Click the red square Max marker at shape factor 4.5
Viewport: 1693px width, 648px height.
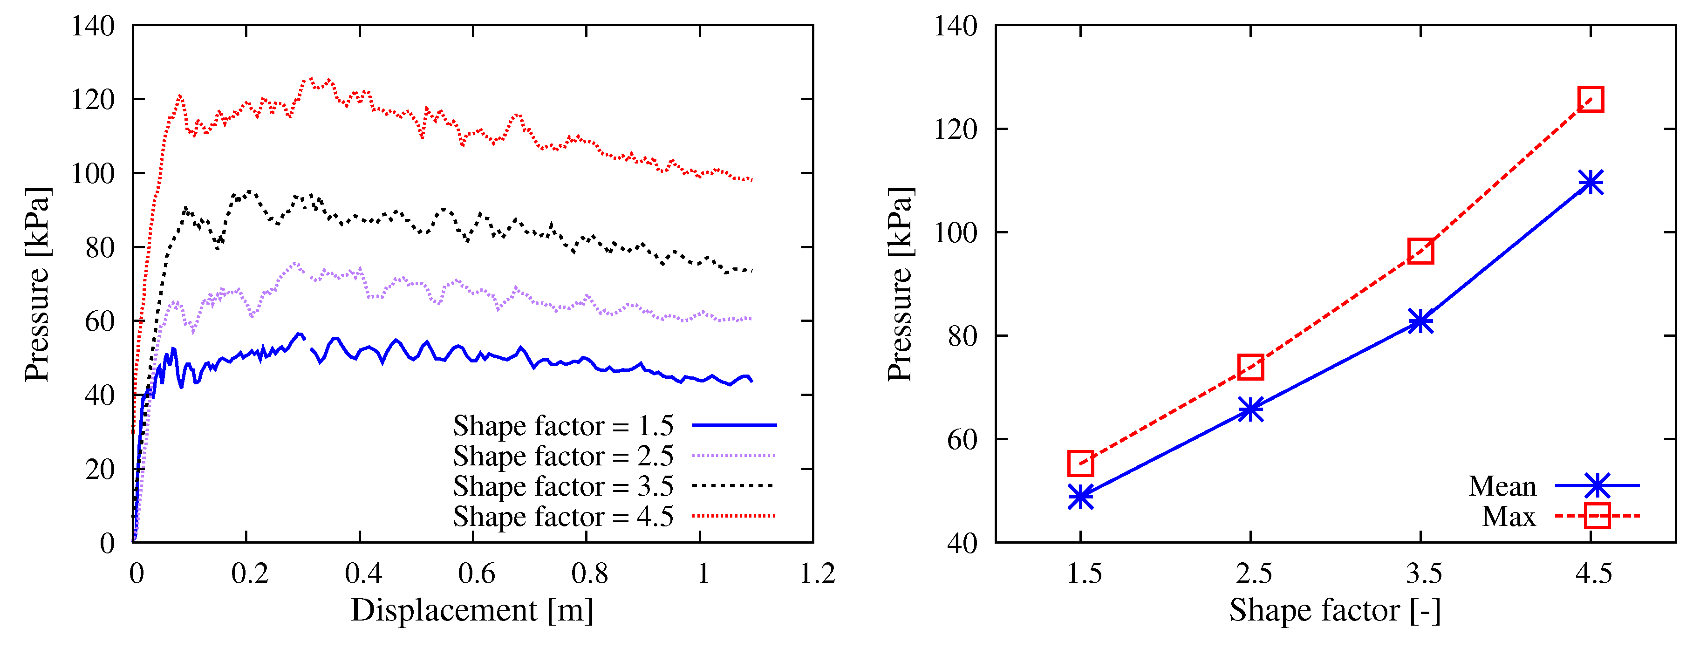(x=1591, y=99)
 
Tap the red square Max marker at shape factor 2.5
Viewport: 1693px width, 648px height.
(x=1251, y=367)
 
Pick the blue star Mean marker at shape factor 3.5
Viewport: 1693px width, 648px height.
(x=1420, y=321)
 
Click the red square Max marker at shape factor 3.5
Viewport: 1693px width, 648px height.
(x=1420, y=251)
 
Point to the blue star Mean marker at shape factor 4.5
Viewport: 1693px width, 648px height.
(x=1591, y=182)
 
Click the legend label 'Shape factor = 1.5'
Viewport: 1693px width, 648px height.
(x=563, y=426)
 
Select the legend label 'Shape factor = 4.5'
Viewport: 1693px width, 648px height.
(x=563, y=517)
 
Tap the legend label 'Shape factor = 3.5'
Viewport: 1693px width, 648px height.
(x=563, y=486)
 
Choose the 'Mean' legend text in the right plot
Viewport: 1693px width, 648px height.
(x=1502, y=486)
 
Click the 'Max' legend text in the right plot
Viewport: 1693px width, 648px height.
(x=1509, y=517)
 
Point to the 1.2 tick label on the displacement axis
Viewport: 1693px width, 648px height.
(x=817, y=574)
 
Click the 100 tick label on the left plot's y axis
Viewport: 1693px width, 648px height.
(x=92, y=173)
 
